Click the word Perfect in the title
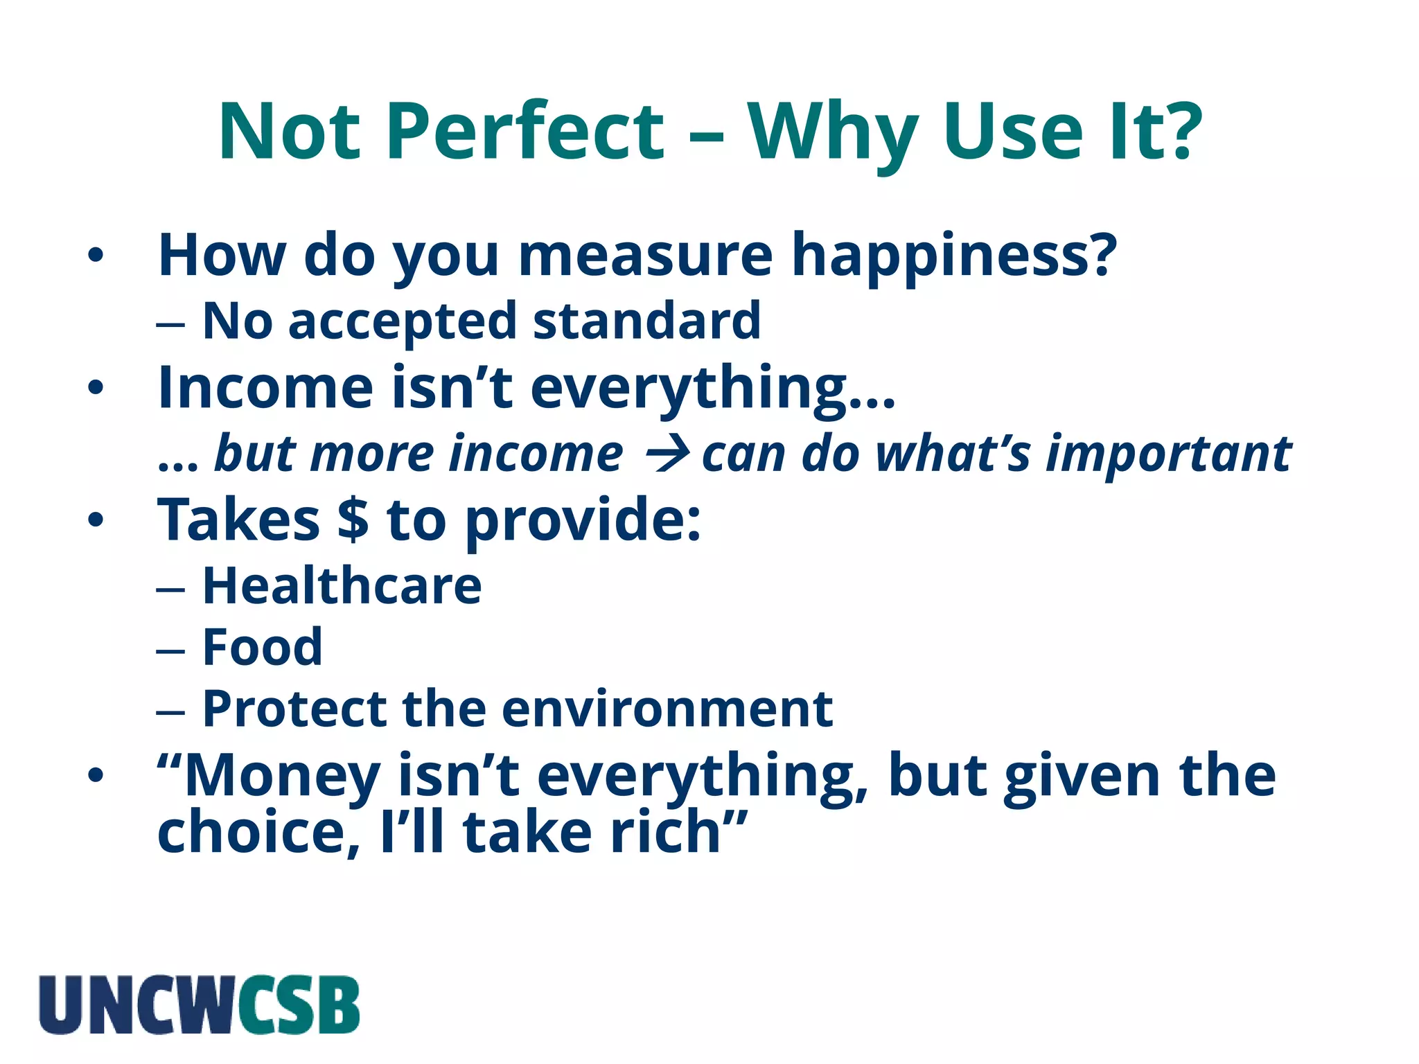525,132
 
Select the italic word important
1168,455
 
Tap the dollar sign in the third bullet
353,520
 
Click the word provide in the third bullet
582,521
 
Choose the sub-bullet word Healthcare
342,586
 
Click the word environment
667,709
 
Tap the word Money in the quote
281,776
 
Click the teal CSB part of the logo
299,1005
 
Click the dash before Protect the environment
170,711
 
